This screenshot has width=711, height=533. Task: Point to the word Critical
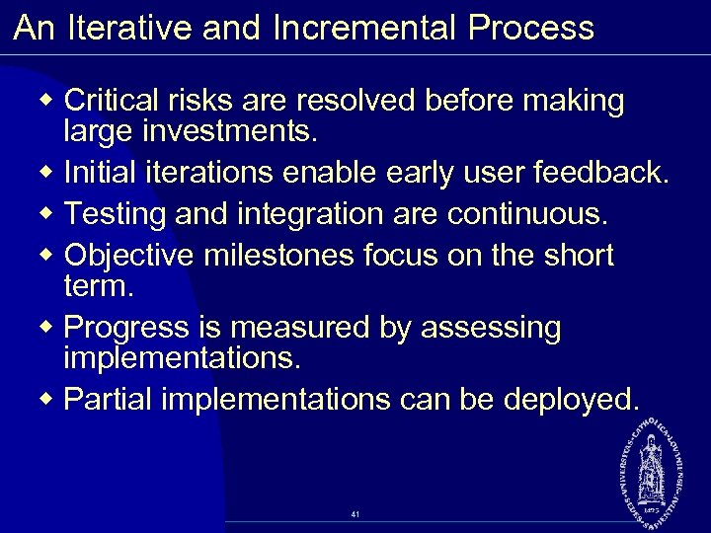[116, 101]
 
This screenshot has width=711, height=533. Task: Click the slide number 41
[355, 514]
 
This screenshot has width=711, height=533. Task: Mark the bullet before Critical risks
[50, 102]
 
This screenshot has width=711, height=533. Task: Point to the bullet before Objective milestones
[50, 255]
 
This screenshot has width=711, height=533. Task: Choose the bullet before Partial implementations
[50, 399]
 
